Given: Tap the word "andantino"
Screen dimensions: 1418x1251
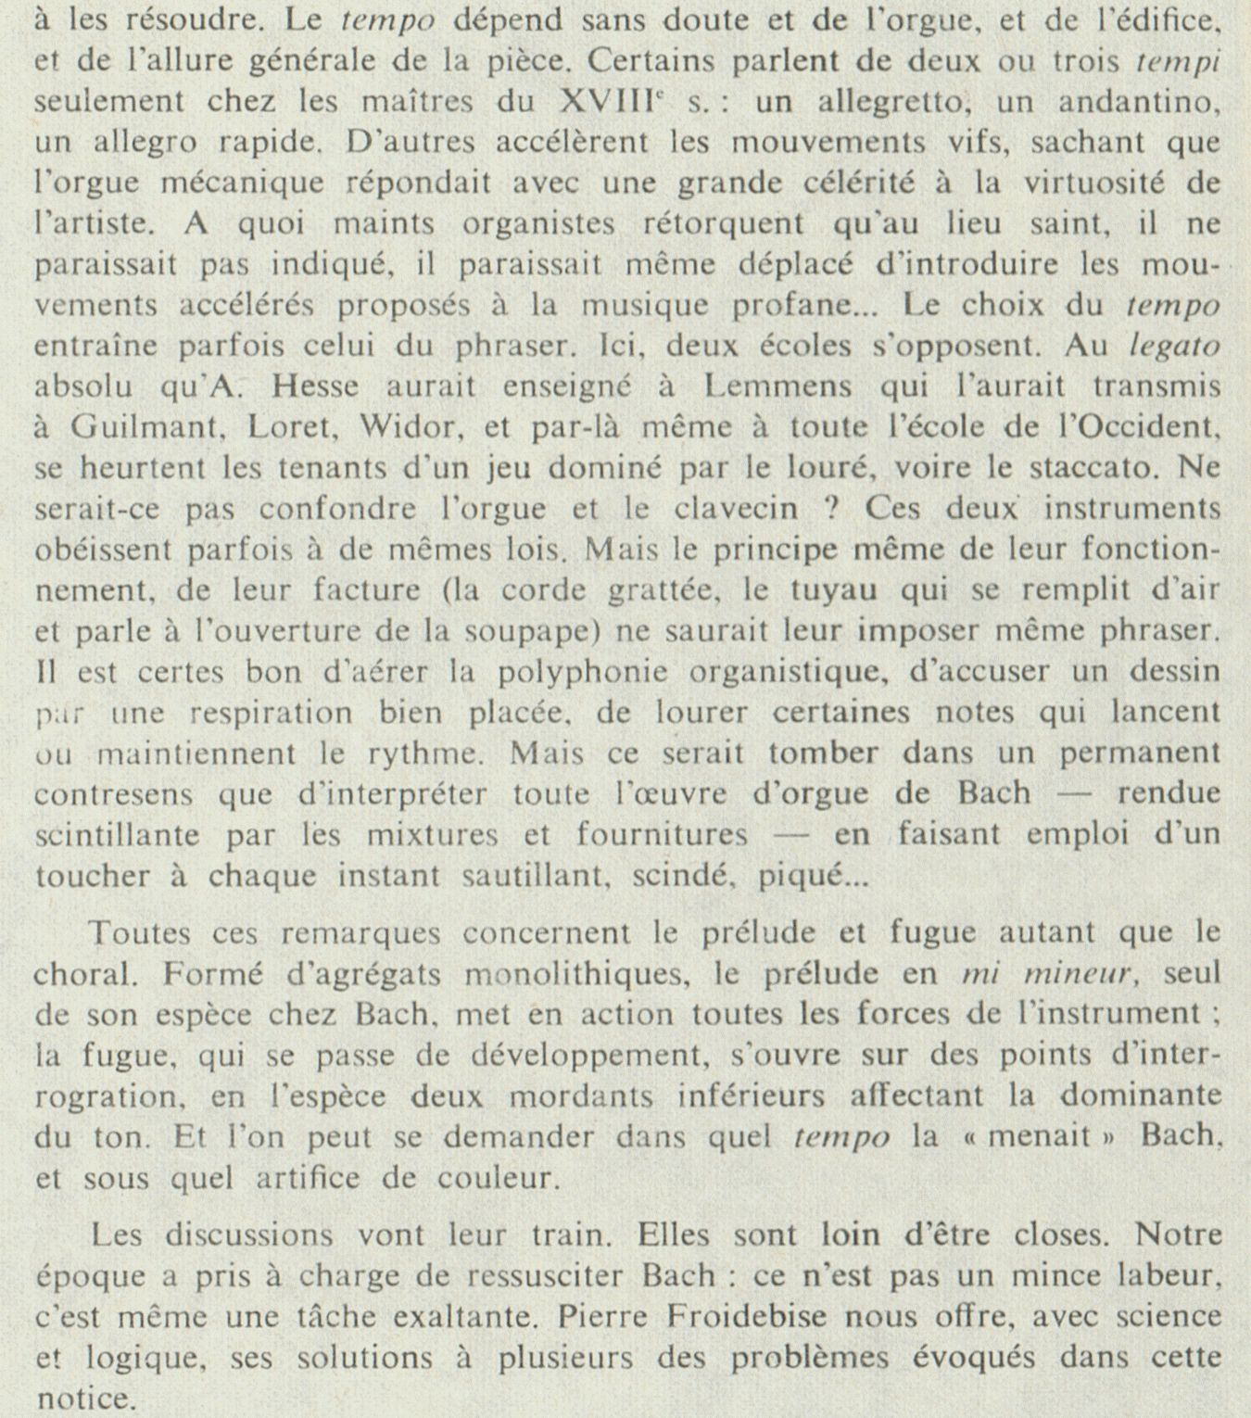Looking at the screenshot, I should tap(1143, 102).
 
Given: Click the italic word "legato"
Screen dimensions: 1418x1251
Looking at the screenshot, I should tap(1174, 346).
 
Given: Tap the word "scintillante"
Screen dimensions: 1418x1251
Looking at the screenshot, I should tap(120, 835).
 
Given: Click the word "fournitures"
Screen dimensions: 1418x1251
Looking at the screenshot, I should tap(662, 835).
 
